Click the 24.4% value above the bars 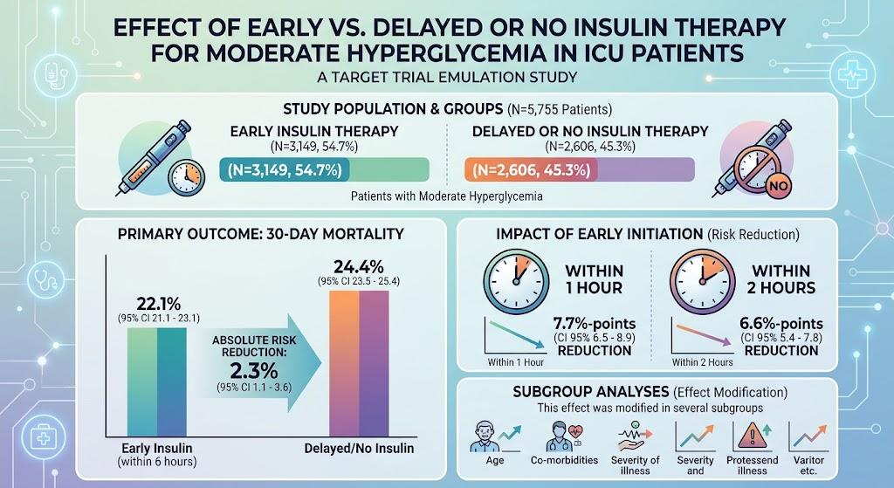(x=359, y=267)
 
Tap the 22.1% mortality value (x=159, y=304)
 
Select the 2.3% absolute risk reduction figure (x=254, y=371)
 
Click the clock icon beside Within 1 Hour (x=516, y=281)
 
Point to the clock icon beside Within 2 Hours (x=703, y=281)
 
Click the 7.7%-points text (x=594, y=324)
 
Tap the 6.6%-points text (x=781, y=324)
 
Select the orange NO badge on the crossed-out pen (x=778, y=185)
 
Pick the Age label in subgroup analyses (x=495, y=460)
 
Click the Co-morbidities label (x=565, y=460)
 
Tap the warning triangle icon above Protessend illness (x=752, y=436)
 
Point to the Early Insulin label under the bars (x=157, y=448)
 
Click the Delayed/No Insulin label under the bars (x=359, y=448)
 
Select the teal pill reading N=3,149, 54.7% (x=285, y=170)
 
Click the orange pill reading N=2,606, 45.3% (x=532, y=170)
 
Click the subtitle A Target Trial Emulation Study (x=447, y=77)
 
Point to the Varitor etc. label (x=808, y=465)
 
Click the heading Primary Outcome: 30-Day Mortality (x=260, y=234)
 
